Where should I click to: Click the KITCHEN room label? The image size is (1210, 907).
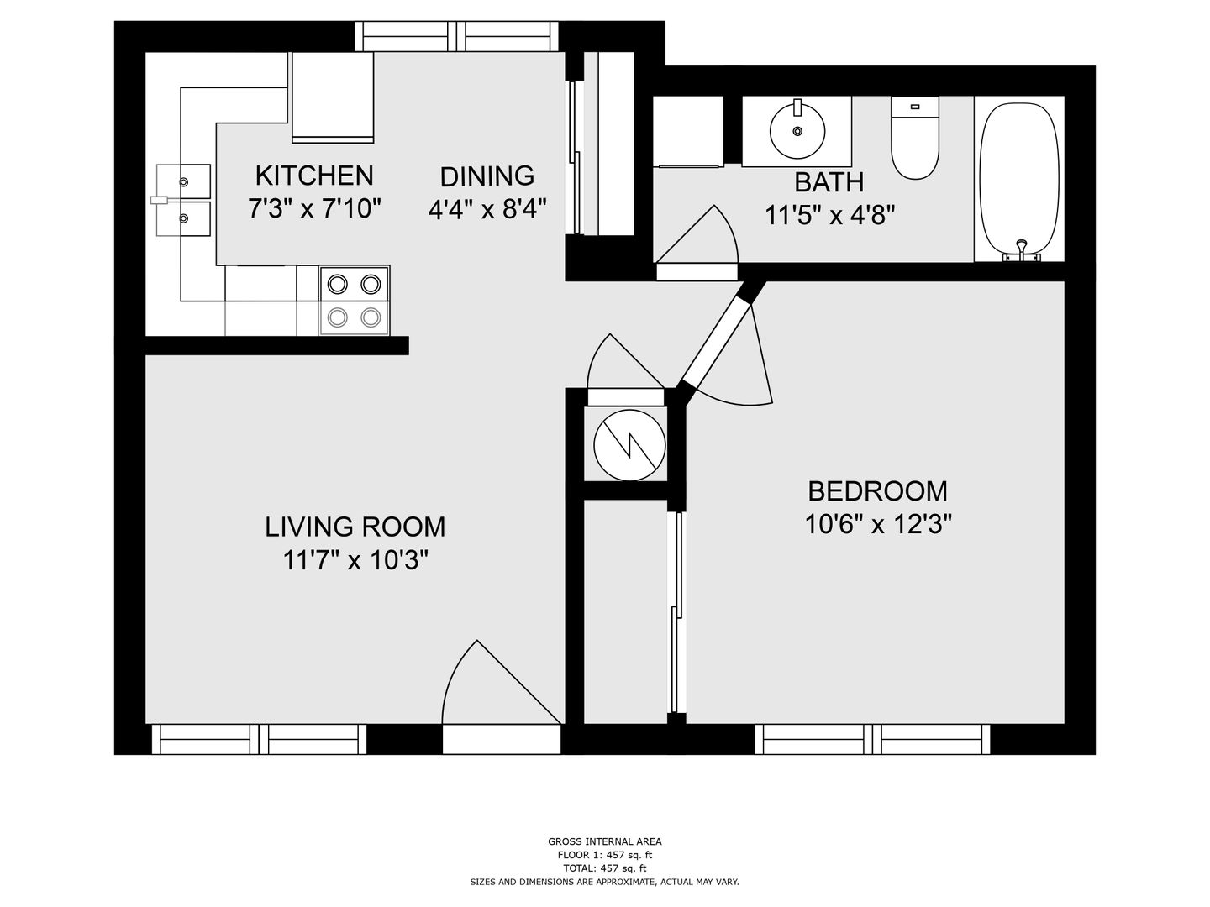coord(314,176)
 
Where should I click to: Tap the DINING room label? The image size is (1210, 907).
coord(487,176)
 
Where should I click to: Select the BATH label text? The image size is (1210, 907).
coord(829,183)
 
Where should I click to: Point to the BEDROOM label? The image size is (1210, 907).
coord(877,491)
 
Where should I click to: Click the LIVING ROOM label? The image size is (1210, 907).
coord(355,527)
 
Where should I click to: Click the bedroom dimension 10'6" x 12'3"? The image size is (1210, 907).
coord(879,524)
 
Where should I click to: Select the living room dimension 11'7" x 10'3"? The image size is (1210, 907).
coord(355,561)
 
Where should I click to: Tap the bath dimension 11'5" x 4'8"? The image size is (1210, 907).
coord(829,215)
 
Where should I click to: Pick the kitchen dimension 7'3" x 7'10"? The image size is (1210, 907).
coord(315,209)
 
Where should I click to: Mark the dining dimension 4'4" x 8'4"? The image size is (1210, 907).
coord(487,210)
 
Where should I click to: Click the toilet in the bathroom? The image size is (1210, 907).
coord(914,138)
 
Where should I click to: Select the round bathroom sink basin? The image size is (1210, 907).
coord(797,131)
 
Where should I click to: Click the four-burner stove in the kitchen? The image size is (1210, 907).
coord(355,301)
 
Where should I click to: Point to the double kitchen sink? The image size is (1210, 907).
coord(183,200)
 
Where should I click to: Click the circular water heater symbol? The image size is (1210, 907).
coord(629,445)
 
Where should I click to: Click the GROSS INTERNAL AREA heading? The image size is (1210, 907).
coord(604,841)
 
